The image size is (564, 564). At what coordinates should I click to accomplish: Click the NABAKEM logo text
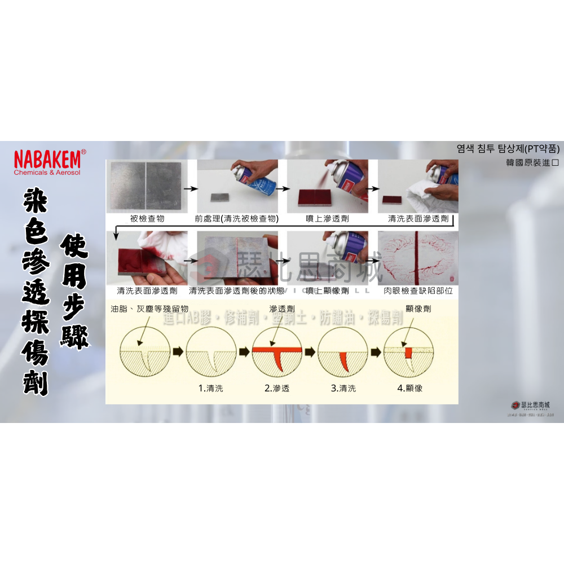pos(47,157)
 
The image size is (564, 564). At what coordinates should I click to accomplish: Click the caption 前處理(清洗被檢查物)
pos(237,218)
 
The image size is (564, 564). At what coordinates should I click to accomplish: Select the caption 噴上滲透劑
pos(327,218)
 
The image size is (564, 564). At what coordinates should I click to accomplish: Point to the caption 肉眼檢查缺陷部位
pos(418,291)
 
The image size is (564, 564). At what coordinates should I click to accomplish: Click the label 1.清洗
pos(210,388)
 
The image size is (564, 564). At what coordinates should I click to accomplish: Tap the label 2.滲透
pos(276,388)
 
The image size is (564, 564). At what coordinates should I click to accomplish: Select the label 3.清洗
pos(343,388)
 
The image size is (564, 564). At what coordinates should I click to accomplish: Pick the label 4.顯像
pos(409,388)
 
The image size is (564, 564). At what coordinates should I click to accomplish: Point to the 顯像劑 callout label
pos(418,309)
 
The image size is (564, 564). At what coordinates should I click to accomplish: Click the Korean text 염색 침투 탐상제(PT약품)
pos(508,149)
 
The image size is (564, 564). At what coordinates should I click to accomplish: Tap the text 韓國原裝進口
pos(532,162)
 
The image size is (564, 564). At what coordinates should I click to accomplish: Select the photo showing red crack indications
pos(418,258)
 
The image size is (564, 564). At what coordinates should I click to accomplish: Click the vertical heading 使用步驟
pos(75,292)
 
